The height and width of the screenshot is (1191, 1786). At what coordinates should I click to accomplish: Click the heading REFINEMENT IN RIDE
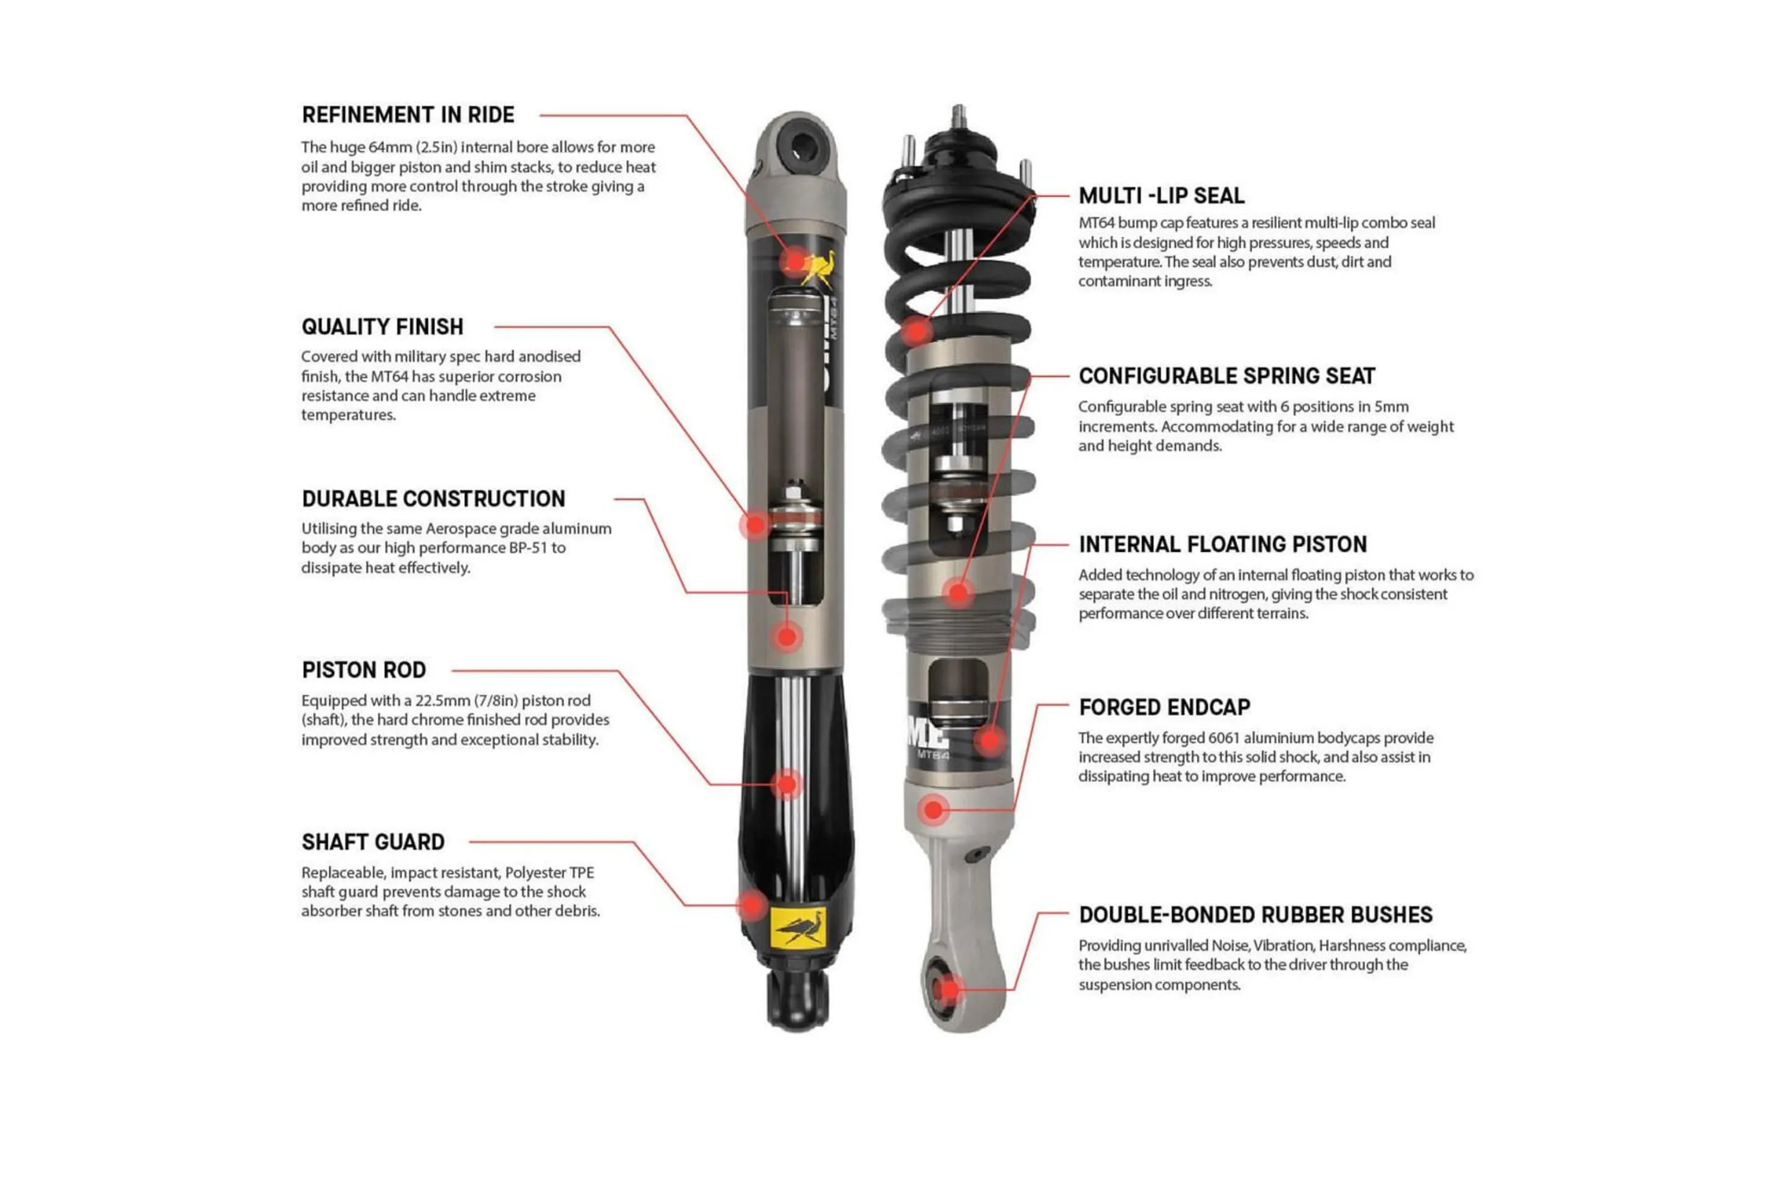[x=408, y=115]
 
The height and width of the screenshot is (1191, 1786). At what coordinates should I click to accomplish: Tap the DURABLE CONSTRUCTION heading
[x=433, y=499]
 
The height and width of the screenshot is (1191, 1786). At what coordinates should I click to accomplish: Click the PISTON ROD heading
[x=364, y=670]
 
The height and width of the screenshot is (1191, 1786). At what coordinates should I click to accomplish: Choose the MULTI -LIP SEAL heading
[x=1161, y=196]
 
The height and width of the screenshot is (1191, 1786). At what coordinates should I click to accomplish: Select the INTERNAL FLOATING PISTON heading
[x=1222, y=545]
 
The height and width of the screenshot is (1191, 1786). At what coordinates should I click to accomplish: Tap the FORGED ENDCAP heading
[x=1164, y=707]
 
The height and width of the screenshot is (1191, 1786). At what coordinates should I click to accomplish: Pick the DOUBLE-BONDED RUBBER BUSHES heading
[x=1255, y=915]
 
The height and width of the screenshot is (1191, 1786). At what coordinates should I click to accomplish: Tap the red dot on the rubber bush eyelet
[x=948, y=989]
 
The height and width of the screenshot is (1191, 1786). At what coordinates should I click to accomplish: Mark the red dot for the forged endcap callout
[x=933, y=810]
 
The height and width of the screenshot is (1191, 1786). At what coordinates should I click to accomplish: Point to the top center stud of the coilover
[x=958, y=116]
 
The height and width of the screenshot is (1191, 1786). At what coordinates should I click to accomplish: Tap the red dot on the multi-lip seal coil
[x=917, y=331]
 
